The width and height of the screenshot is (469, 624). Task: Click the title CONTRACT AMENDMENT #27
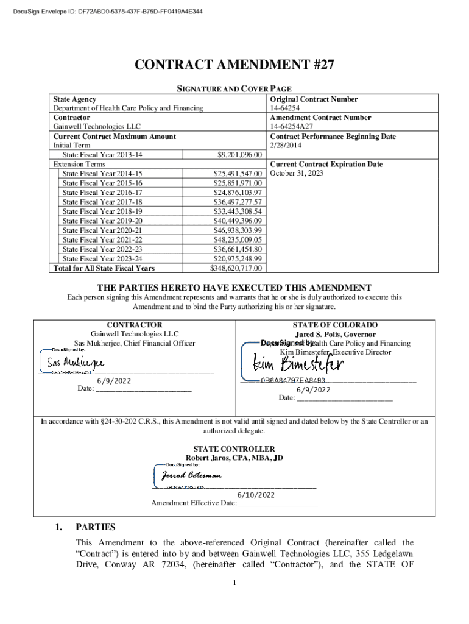234,66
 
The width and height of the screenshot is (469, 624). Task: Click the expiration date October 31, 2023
297,173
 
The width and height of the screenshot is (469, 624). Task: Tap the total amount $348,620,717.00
236,268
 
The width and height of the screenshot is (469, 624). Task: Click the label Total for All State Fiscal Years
104,268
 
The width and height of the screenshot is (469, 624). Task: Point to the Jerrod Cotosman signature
192,475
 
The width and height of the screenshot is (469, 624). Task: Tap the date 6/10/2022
267,495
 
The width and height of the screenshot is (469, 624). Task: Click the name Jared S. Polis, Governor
335,334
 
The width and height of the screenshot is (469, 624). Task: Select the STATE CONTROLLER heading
234,448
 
